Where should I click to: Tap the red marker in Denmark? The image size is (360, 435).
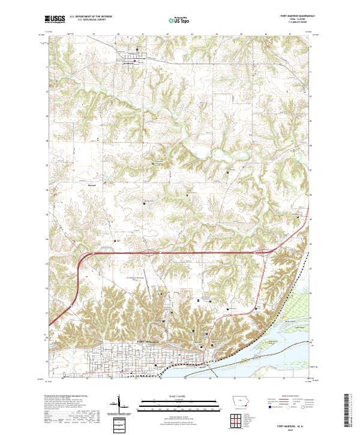[x=135, y=61]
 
